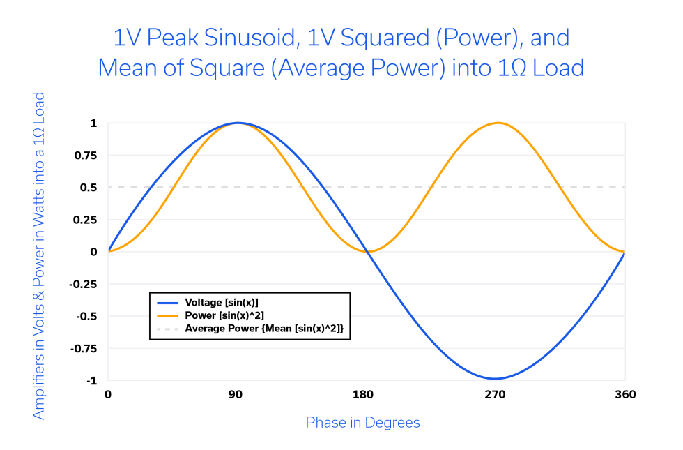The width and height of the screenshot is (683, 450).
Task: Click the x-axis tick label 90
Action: click(x=236, y=395)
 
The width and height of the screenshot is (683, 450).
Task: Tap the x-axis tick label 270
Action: click(x=495, y=395)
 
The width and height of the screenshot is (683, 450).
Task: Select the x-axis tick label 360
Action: click(x=624, y=395)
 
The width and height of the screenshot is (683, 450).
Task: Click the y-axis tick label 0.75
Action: click(x=87, y=155)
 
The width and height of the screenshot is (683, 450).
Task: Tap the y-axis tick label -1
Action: click(x=92, y=381)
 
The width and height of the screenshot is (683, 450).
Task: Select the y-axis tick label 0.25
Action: click(x=87, y=220)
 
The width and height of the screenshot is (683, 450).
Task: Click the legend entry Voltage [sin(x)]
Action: click(x=221, y=303)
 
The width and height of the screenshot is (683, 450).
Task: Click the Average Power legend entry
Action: click(x=264, y=328)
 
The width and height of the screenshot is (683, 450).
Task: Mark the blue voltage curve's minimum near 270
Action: click(x=495, y=379)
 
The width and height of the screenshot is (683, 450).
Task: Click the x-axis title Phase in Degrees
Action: click(x=362, y=423)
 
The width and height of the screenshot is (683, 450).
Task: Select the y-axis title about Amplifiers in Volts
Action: click(x=39, y=255)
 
